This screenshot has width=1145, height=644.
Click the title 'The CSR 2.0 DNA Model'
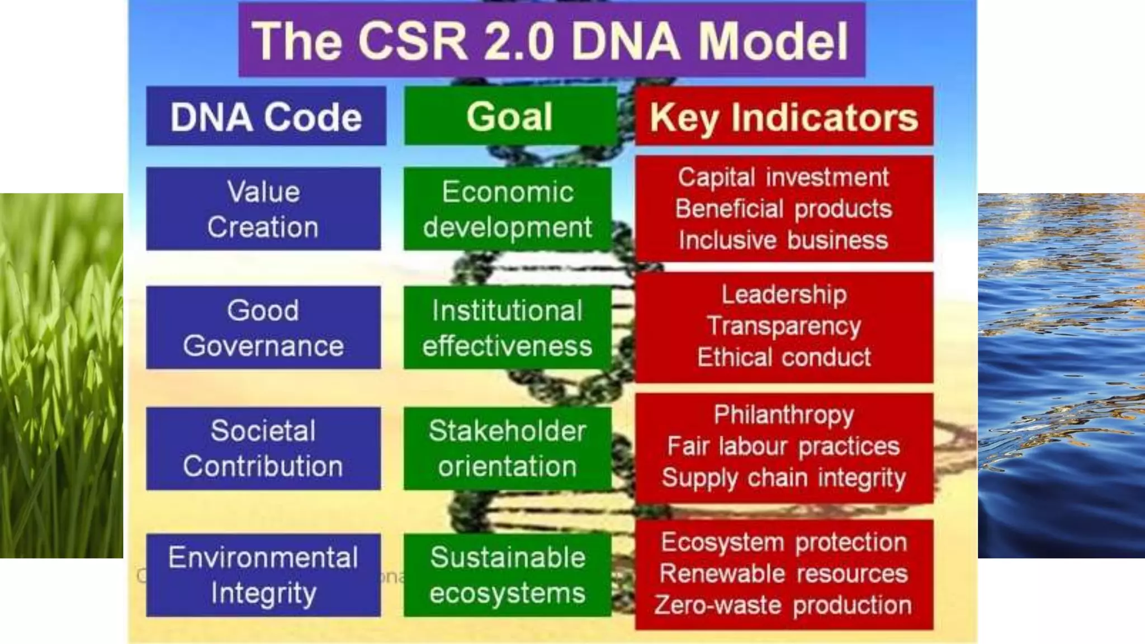pos(551,40)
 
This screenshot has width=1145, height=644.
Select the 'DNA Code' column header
pos(266,117)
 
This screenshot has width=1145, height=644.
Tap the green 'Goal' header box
pos(509,117)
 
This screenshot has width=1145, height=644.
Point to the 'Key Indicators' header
pos(784,117)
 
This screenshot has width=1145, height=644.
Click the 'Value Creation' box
pos(263,209)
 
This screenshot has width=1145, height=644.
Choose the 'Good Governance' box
pos(263,328)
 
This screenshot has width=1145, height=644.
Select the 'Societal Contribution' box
pos(263,448)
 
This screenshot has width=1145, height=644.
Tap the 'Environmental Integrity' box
pos(263,575)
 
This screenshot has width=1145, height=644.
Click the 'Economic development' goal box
pos(507,209)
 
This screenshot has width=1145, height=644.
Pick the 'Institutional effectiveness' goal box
pos(507,328)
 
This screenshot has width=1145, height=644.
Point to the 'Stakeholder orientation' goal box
pos(507,448)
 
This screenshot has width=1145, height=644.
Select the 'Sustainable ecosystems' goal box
pos(507,575)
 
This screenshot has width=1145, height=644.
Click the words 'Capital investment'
pos(783,177)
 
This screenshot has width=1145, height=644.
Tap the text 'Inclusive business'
pos(783,240)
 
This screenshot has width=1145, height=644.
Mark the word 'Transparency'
pos(784,326)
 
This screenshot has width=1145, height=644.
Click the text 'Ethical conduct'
pos(784,357)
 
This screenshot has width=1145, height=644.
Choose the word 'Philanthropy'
pos(784,415)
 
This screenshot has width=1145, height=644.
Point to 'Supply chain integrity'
pos(784,478)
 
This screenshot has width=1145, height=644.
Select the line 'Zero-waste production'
pos(783,605)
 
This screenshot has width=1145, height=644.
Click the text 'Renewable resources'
pos(783,574)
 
